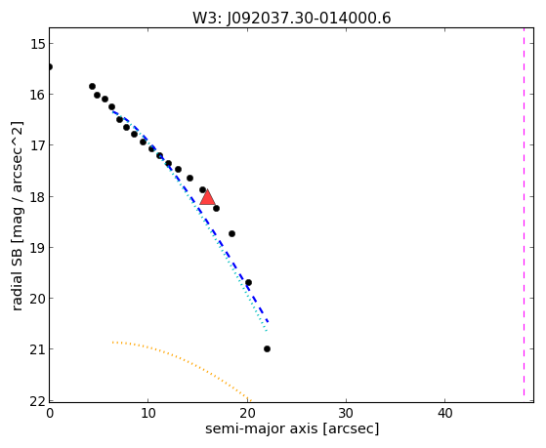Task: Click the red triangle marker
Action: pos(207,197)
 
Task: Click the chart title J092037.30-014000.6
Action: pos(309,19)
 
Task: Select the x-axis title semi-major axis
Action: pos(261,428)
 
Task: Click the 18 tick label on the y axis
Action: pos(35,197)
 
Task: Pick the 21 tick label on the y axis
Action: pos(35,349)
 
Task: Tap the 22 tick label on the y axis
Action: pos(35,402)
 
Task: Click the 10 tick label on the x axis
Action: pos(148,414)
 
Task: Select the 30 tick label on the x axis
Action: pos(346,414)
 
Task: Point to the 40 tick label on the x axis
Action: pos(444,414)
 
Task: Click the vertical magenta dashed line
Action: pos(524,215)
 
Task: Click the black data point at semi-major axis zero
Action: pos(50,66)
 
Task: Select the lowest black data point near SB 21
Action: pos(267,348)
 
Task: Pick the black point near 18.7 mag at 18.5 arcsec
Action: pos(231,233)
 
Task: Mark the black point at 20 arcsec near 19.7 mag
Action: pos(248,283)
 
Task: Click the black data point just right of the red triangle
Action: pos(216,208)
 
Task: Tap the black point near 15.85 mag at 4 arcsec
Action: pos(92,86)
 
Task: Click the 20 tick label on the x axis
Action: pos(247,414)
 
